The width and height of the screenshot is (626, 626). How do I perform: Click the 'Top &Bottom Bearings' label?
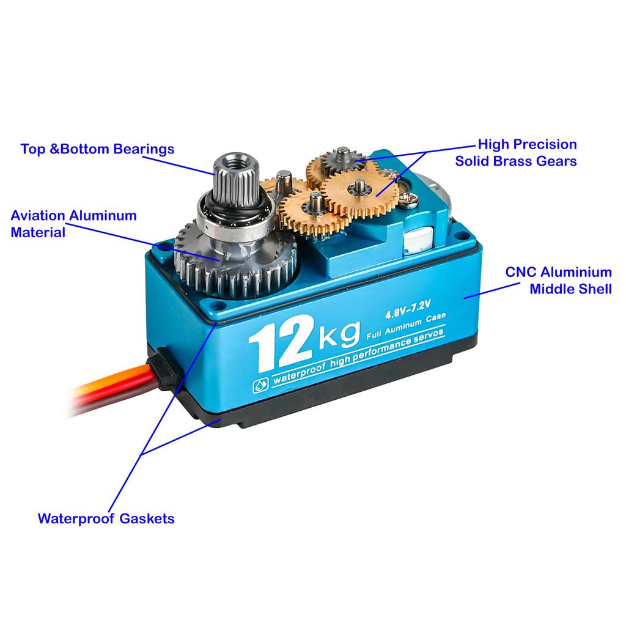pos(97,149)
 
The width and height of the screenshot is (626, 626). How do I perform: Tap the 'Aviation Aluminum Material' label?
pos(73,224)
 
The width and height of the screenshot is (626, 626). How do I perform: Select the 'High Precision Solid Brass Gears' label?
pos(517,153)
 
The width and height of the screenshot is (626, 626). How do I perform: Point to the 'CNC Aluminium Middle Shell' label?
pos(558,280)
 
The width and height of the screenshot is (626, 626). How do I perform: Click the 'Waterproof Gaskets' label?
pos(106,518)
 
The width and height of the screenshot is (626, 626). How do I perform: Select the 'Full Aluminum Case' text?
pos(406,329)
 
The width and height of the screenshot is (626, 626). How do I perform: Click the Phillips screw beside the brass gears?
pos(408,197)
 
